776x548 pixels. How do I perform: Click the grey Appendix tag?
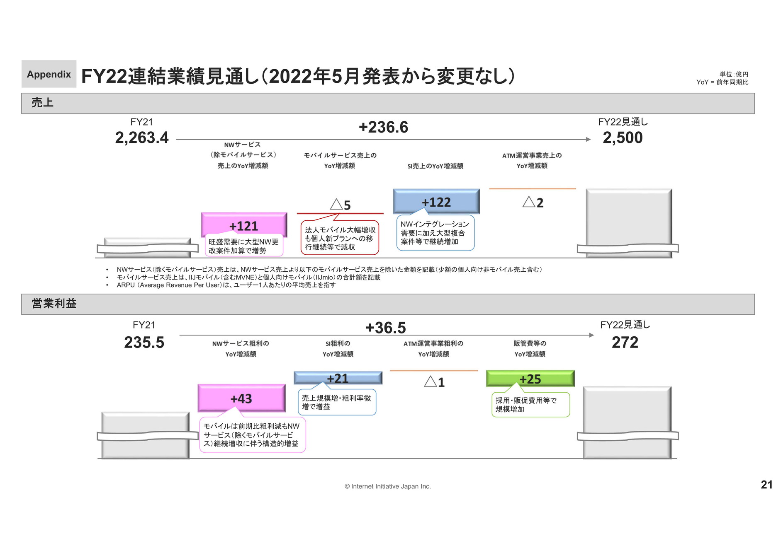(49, 74)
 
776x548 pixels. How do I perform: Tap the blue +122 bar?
(436, 201)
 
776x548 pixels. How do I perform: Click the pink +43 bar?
(242, 398)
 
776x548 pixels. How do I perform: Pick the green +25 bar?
(530, 379)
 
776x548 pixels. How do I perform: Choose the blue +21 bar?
(338, 378)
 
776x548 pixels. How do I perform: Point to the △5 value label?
(341, 205)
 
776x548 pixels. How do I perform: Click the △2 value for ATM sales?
(533, 202)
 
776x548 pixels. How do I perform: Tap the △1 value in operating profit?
(434, 381)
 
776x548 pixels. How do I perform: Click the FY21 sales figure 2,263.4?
(142, 138)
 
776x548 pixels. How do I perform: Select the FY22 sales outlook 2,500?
(623, 138)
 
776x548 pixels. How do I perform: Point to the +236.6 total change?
(383, 127)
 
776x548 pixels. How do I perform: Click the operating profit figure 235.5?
(144, 342)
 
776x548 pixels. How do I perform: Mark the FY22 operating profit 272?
(625, 342)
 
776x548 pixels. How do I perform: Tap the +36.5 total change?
(385, 328)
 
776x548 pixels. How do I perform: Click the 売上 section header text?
(42, 103)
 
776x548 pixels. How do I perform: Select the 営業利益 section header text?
(54, 304)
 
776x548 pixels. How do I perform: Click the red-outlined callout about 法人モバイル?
(340, 237)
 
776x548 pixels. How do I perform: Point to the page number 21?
(766, 485)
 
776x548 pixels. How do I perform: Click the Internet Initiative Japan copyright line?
(388, 486)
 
